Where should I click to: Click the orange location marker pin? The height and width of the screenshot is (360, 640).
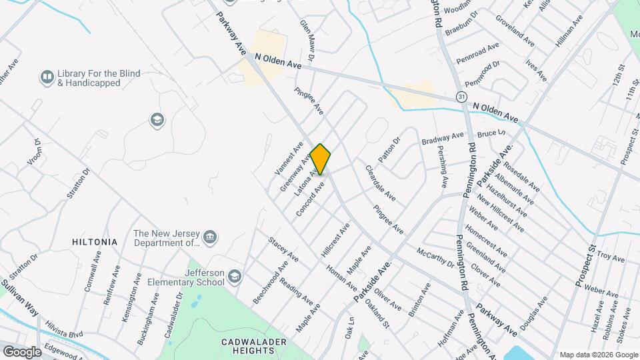(321, 159)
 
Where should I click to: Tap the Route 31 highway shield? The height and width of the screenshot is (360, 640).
(461, 97)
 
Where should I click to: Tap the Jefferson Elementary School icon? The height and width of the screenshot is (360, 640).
(235, 276)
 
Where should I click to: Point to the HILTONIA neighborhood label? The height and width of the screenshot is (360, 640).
(95, 242)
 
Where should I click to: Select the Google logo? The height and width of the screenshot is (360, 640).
(22, 351)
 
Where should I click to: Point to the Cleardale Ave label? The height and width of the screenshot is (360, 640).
(380, 184)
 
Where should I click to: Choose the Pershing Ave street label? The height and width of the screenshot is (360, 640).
(443, 163)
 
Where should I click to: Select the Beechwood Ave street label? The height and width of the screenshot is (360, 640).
(271, 283)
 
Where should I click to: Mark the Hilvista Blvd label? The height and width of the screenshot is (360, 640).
(63, 334)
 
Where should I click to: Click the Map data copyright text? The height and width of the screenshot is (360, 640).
(597, 355)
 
